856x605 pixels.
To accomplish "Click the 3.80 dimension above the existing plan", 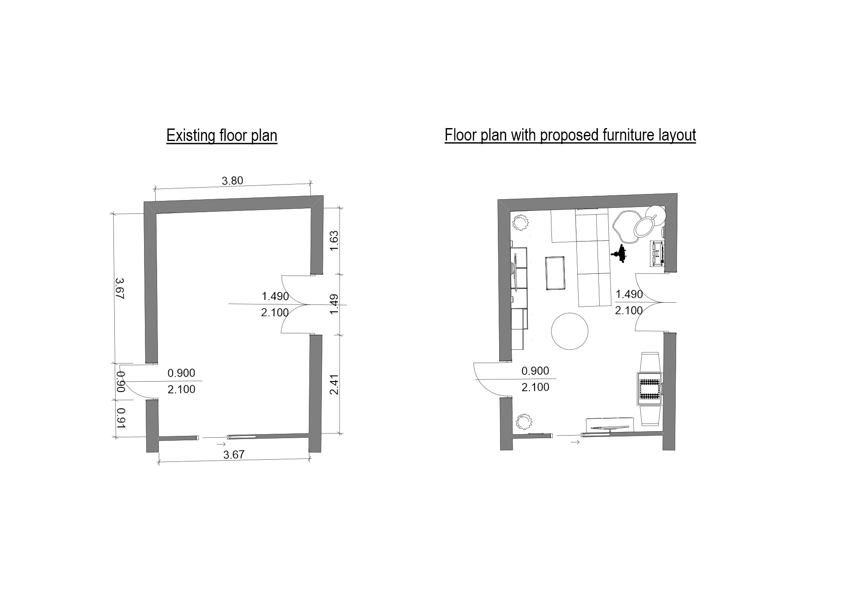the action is [x=233, y=181].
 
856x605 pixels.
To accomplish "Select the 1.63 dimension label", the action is [x=334, y=241].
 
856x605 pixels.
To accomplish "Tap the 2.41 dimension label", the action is [x=334, y=384].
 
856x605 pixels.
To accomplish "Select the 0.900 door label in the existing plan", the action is [x=181, y=373].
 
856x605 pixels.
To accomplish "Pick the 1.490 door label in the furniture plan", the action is [x=629, y=294].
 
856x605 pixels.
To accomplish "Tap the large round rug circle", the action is [x=570, y=331].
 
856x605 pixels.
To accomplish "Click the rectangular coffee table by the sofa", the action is [x=556, y=273].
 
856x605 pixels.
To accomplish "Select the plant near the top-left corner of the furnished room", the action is [x=520, y=223].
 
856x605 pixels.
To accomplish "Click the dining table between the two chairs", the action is [x=650, y=389].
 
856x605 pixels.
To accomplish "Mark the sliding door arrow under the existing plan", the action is [x=221, y=444].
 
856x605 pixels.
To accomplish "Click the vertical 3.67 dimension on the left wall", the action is [x=120, y=288].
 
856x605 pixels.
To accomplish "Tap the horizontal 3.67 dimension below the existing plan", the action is [x=234, y=455].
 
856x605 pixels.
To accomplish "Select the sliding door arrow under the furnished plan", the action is [x=575, y=442].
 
